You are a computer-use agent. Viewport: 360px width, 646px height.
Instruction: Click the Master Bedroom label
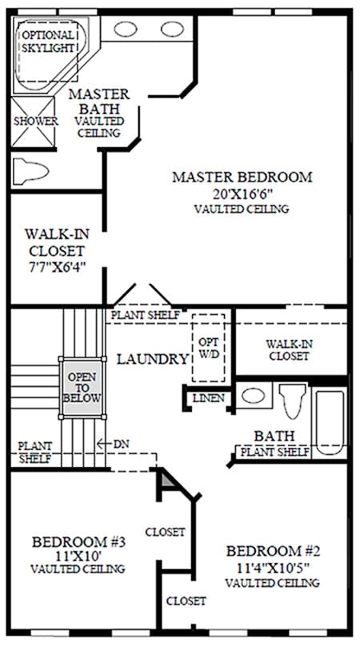click(x=242, y=177)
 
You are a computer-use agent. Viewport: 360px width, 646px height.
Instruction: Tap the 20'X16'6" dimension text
click(x=242, y=193)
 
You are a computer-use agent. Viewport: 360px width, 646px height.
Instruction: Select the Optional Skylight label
click(x=48, y=42)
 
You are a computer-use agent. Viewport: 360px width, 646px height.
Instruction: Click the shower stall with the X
click(x=33, y=122)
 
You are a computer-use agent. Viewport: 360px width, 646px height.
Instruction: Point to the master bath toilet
click(x=30, y=170)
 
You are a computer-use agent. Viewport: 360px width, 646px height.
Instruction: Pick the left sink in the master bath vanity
click(x=126, y=29)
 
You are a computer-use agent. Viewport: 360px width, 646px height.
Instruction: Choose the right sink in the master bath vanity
click(x=172, y=29)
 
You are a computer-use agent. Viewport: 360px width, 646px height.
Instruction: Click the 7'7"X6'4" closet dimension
click(x=56, y=267)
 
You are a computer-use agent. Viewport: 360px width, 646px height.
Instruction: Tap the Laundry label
click(x=153, y=359)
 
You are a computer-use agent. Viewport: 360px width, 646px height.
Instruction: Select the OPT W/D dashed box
click(x=208, y=348)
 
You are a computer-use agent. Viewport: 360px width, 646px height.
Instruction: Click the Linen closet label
click(x=209, y=398)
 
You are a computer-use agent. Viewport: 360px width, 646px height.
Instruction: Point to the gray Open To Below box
click(x=82, y=387)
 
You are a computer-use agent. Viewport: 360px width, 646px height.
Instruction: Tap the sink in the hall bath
click(x=253, y=396)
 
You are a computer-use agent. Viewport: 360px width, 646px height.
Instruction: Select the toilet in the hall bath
click(x=292, y=401)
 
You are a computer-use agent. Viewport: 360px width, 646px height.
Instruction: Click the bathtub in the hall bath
click(x=330, y=422)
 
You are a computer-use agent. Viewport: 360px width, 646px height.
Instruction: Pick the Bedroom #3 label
click(x=78, y=542)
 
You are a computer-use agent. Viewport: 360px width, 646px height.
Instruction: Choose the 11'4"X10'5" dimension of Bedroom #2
click(x=273, y=567)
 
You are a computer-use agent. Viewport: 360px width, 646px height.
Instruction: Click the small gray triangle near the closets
click(x=167, y=480)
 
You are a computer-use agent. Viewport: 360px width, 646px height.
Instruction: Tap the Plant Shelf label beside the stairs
click(x=35, y=452)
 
